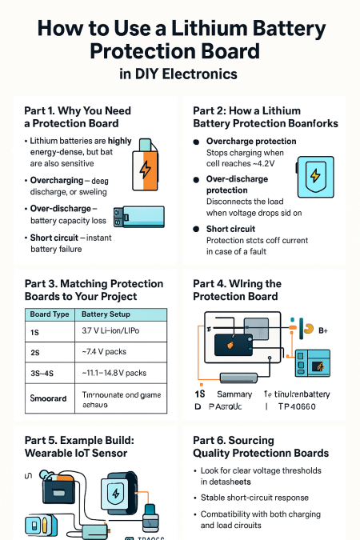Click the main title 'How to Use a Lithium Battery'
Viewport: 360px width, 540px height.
(180, 30)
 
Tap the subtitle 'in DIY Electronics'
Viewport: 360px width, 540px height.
(180, 74)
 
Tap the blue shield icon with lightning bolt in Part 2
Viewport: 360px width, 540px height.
(314, 175)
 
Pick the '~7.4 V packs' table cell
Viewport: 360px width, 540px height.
(102, 352)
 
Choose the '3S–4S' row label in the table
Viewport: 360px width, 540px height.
(41, 373)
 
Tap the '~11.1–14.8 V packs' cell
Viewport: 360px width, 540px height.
(114, 373)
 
